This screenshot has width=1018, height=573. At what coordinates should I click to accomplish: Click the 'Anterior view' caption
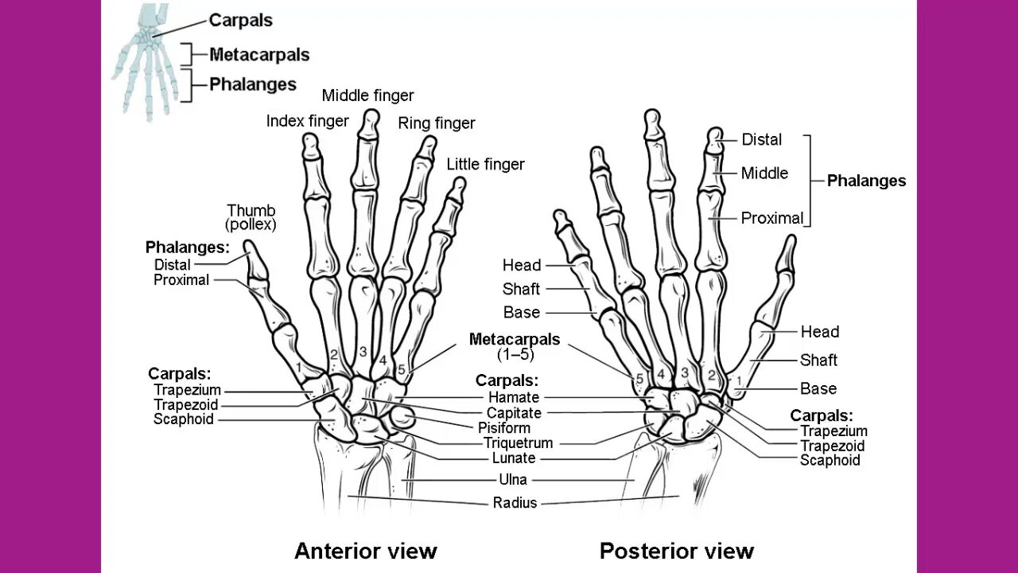tap(365, 551)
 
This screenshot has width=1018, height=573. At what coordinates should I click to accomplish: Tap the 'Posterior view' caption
tap(676, 551)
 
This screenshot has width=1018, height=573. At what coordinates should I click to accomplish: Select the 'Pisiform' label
tap(504, 428)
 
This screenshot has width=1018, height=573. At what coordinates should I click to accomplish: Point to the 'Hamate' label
tap(514, 397)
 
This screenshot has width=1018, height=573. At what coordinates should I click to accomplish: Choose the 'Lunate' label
tap(514, 458)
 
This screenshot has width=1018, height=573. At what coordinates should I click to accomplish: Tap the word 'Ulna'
tap(514, 480)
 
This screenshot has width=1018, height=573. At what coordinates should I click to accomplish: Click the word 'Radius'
tap(515, 503)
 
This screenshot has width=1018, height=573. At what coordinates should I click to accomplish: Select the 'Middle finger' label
tap(367, 95)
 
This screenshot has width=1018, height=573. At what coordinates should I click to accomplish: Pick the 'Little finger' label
tap(485, 165)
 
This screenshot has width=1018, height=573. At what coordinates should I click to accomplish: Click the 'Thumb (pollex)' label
tap(251, 217)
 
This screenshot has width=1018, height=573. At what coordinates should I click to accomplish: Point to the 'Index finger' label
tap(307, 121)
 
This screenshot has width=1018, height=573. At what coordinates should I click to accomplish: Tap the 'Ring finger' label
tap(436, 123)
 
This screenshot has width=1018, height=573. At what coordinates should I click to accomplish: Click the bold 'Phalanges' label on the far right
tap(866, 181)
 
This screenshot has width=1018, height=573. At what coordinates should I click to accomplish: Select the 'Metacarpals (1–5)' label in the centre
tap(515, 346)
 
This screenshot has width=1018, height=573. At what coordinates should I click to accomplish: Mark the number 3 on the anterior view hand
tap(363, 352)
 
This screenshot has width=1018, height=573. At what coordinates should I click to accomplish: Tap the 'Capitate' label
tap(514, 413)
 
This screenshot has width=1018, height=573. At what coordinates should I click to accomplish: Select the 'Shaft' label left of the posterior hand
tap(521, 289)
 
